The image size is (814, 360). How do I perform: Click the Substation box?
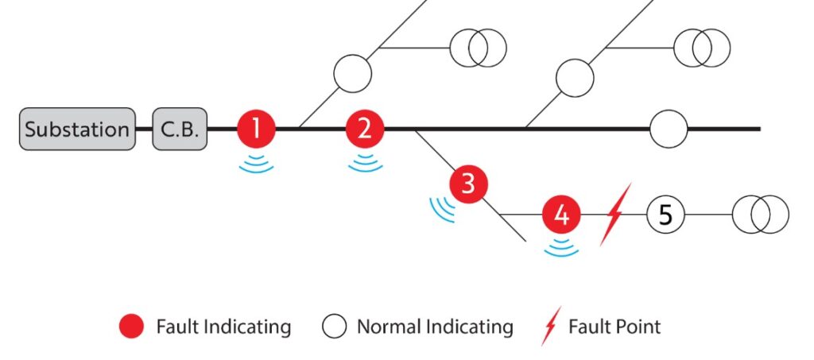click(77, 129)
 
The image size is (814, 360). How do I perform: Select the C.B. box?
click(180, 129)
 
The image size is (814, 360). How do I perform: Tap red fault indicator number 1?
click(257, 129)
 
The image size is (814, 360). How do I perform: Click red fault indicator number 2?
click(365, 129)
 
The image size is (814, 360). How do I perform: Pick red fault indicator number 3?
click(468, 184)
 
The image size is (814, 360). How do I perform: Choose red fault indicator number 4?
click(562, 215)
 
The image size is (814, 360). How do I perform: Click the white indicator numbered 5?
click(666, 215)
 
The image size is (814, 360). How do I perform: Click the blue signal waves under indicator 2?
click(365, 164)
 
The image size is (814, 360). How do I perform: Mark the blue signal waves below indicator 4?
click(562, 247)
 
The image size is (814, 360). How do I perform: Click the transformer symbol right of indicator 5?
click(760, 215)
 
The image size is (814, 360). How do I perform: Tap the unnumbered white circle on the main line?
click(669, 129)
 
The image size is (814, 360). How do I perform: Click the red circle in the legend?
click(132, 327)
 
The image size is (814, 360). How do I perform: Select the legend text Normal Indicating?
click(435, 327)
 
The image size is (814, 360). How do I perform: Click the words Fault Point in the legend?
click(614, 327)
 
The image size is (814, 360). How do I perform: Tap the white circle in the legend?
click(335, 327)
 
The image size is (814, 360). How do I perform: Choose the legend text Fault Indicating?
click(223, 327)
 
